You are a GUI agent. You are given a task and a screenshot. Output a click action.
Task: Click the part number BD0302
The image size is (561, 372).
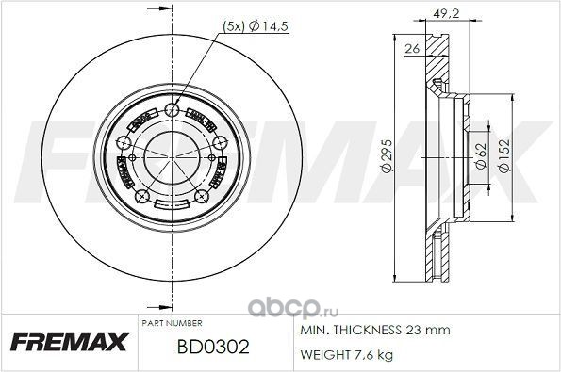[213, 347]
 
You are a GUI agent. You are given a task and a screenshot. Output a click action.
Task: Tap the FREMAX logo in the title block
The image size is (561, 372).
[69, 342]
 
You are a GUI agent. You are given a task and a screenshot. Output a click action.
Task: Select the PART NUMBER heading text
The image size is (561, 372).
[173, 323]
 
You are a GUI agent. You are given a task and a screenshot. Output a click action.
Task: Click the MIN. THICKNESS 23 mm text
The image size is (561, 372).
[375, 330]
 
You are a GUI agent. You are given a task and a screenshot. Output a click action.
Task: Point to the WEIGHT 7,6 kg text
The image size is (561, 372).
[346, 354]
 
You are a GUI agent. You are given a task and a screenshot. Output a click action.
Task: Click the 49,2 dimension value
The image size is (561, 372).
[446, 13]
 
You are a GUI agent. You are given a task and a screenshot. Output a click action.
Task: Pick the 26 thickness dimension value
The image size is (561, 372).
[412, 48]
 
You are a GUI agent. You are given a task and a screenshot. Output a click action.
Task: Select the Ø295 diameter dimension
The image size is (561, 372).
[388, 156]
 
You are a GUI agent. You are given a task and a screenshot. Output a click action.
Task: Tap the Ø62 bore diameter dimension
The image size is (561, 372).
[481, 155]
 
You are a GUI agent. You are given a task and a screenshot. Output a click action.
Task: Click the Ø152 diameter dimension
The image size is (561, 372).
[504, 155]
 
